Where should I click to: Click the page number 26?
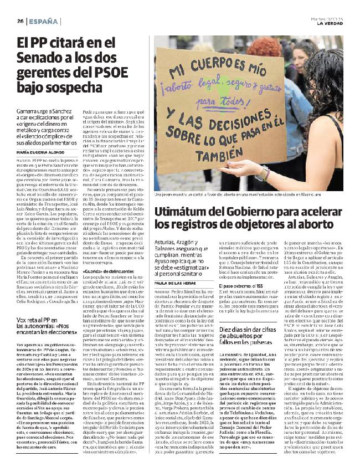coord(20,21)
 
